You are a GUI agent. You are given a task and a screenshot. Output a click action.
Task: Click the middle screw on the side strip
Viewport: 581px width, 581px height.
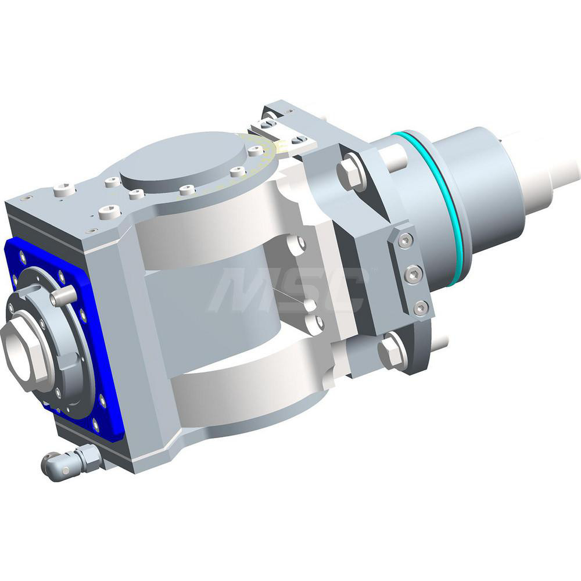413,274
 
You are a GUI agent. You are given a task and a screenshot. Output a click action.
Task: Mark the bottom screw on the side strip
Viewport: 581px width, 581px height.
421,308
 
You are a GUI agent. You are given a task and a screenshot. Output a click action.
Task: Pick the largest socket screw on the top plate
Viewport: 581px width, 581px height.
110,213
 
